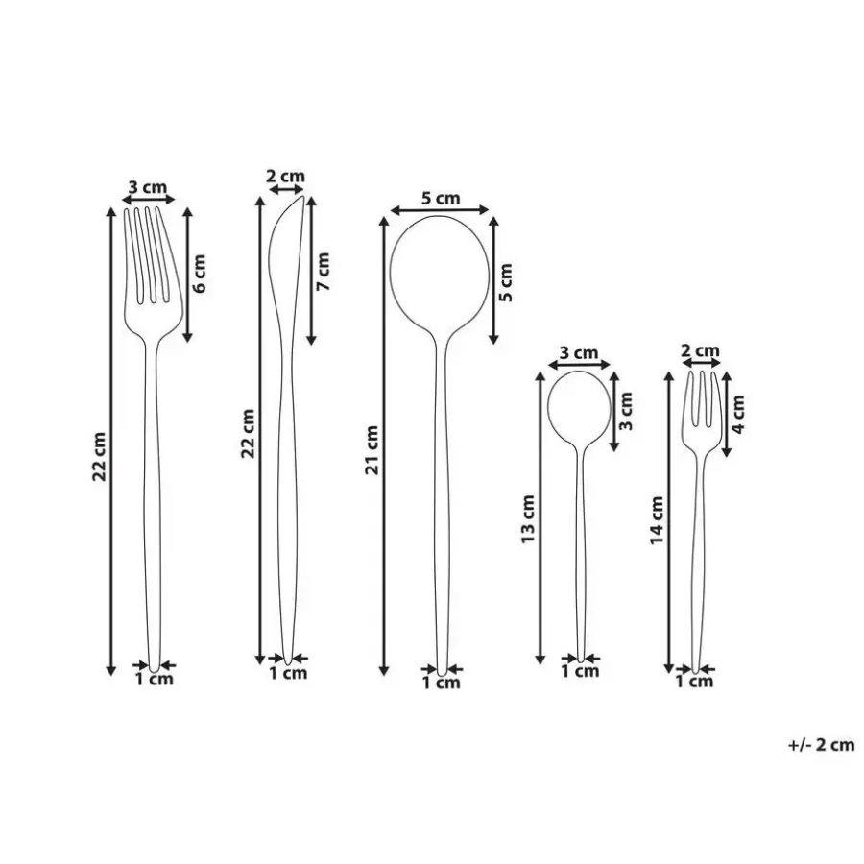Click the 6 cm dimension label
pyautogui.click(x=199, y=274)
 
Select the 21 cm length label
pyautogui.click(x=373, y=450)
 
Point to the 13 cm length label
pyautogui.click(x=528, y=519)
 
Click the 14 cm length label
pyautogui.click(x=657, y=520)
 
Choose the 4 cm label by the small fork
pyautogui.click(x=738, y=415)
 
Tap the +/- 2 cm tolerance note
pyautogui.click(x=821, y=745)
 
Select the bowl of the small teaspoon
pyautogui.click(x=579, y=405)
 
